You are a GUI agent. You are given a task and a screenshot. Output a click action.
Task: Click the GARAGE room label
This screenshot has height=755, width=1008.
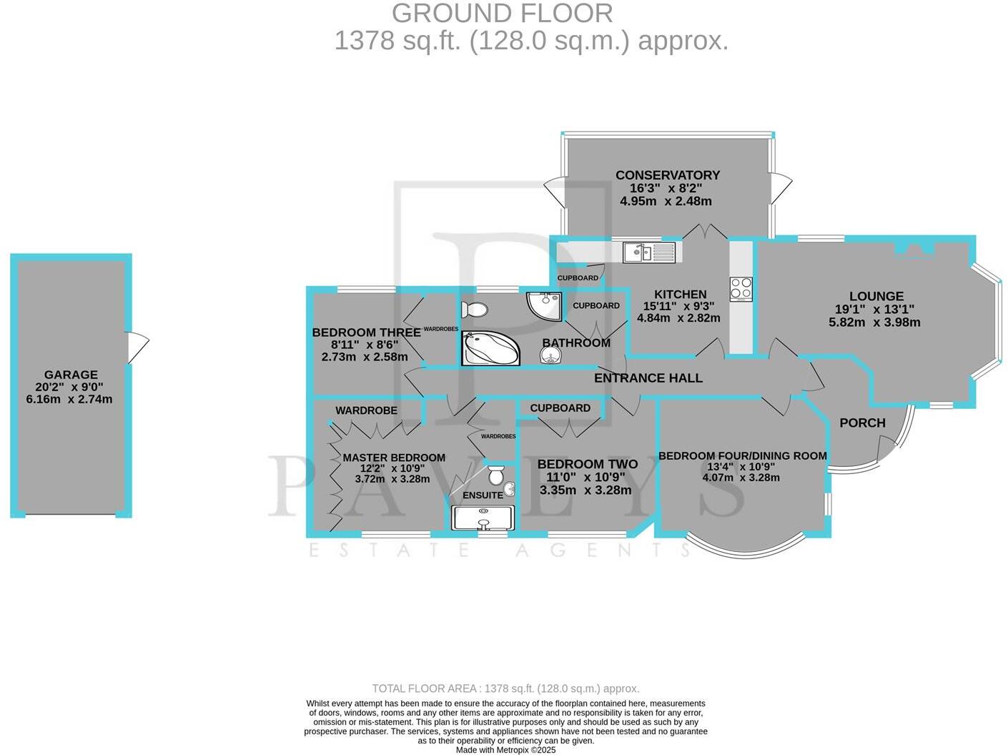(x=71, y=375)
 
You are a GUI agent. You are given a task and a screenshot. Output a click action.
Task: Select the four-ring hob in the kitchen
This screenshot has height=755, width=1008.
(x=741, y=289)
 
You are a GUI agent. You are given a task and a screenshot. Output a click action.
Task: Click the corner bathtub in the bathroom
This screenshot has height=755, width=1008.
(x=490, y=349)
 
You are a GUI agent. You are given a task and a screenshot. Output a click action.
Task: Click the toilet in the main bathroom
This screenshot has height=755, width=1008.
(x=475, y=310)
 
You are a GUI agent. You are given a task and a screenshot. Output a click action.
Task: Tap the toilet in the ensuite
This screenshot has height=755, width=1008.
(x=496, y=475)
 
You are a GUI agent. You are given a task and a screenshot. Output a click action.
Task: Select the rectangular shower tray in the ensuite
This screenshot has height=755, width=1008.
(x=483, y=518)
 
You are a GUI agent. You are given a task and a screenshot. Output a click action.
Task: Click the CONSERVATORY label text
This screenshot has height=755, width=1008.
(x=668, y=175)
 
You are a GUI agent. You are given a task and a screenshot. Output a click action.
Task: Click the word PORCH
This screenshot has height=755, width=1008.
(x=862, y=423)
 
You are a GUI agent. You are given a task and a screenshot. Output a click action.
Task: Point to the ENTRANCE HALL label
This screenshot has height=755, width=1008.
(x=648, y=378)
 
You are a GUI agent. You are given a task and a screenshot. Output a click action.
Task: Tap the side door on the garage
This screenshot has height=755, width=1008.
(x=137, y=348)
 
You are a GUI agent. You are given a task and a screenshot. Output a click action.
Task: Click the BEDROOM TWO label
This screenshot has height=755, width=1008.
(x=587, y=464)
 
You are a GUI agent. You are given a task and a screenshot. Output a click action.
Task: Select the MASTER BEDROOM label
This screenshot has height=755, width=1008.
(x=394, y=458)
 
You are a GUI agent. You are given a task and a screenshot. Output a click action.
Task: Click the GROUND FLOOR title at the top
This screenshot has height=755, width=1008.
(x=502, y=13)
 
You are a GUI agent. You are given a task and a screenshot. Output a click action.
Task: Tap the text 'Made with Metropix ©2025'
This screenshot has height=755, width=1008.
(x=505, y=750)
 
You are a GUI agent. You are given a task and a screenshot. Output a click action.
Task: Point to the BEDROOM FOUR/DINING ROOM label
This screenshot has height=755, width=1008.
(x=742, y=455)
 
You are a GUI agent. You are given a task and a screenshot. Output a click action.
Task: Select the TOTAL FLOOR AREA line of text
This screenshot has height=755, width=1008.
(x=505, y=689)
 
